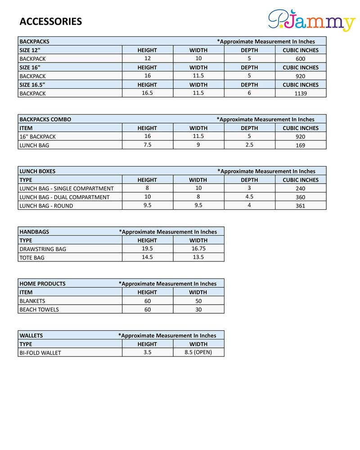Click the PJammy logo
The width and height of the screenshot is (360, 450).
click(311, 21)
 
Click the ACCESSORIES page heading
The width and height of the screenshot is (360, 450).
click(51, 22)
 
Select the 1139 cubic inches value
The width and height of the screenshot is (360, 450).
click(301, 94)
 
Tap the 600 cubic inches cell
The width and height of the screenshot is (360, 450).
click(301, 59)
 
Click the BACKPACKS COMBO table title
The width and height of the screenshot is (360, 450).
click(45, 119)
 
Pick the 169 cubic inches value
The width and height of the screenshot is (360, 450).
click(301, 145)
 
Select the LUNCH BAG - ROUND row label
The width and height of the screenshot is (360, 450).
click(46, 206)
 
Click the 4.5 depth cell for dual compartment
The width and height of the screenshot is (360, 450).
click(249, 197)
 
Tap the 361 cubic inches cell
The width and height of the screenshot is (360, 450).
click(301, 206)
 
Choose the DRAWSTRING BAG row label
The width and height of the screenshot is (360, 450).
click(43, 249)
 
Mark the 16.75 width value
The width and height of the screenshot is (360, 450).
click(198, 248)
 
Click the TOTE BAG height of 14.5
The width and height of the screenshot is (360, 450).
click(147, 257)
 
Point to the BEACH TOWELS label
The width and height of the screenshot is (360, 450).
click(39, 310)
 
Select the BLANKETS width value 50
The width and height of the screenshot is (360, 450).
click(198, 301)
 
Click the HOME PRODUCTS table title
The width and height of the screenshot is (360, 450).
click(42, 283)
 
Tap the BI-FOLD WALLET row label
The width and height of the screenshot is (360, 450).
click(40, 353)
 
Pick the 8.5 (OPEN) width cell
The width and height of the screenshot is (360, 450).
click(198, 352)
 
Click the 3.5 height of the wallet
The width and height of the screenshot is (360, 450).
click(147, 352)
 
